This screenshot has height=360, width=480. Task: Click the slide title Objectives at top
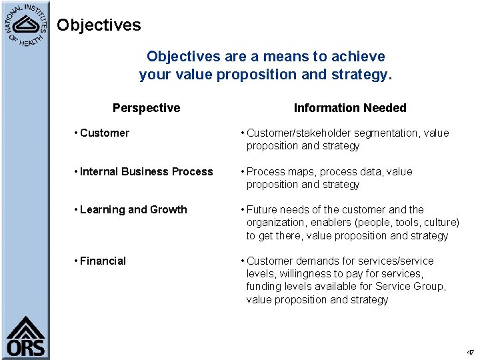pyautogui.click(x=99, y=25)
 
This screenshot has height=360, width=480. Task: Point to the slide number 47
pyautogui.click(x=470, y=352)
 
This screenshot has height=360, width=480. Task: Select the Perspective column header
pyautogui.click(x=146, y=108)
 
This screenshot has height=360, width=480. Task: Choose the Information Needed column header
pyautogui.click(x=350, y=108)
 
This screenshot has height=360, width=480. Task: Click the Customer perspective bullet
pyautogui.click(x=102, y=133)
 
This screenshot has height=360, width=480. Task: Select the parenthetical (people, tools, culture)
pyautogui.click(x=413, y=223)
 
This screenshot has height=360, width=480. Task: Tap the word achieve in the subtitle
pyautogui.click(x=359, y=57)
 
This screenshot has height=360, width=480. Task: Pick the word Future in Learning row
pyautogui.click(x=262, y=210)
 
